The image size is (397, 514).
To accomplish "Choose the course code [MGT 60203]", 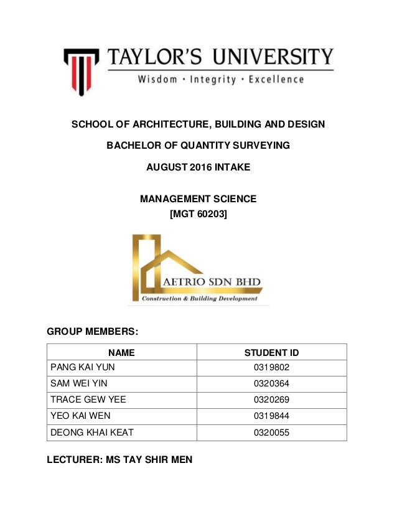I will click(198, 215).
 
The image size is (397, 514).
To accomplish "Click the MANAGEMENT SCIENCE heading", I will click(198, 199).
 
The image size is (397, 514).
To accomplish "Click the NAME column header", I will click(122, 353).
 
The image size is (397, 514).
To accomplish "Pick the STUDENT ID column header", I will click(272, 353).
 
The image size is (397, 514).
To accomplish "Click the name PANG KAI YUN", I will click(83, 367).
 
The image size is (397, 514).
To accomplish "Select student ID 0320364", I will click(272, 383).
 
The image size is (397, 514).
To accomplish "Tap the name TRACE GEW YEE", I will click(86, 400).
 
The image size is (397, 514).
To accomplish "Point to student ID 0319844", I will click(272, 416).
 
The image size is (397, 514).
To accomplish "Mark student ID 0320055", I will click(272, 432).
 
